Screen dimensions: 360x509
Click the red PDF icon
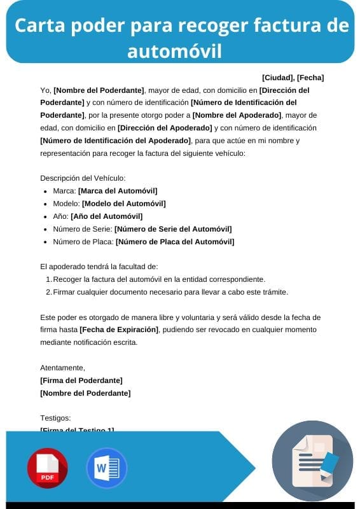(x=47, y=468)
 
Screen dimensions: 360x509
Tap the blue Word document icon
(x=106, y=468)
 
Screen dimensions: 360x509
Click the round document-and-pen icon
(x=312, y=460)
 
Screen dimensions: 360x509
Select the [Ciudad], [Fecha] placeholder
(x=293, y=78)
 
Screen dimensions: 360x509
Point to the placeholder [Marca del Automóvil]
(x=118, y=191)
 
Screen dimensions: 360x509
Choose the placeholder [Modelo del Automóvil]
(x=123, y=204)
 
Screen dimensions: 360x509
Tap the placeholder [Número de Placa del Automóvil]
(x=175, y=242)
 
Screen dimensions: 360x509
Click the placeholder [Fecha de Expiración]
(x=118, y=330)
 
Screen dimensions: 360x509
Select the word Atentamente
(x=62, y=368)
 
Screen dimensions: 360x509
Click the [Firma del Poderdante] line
(x=81, y=380)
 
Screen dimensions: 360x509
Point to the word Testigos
(x=55, y=418)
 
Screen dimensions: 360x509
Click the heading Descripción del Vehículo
(x=83, y=178)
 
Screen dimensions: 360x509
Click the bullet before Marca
(x=45, y=192)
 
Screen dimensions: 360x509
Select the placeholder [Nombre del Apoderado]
(x=237, y=115)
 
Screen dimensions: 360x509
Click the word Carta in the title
(x=42, y=25)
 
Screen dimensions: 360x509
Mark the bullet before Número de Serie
(x=45, y=230)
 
